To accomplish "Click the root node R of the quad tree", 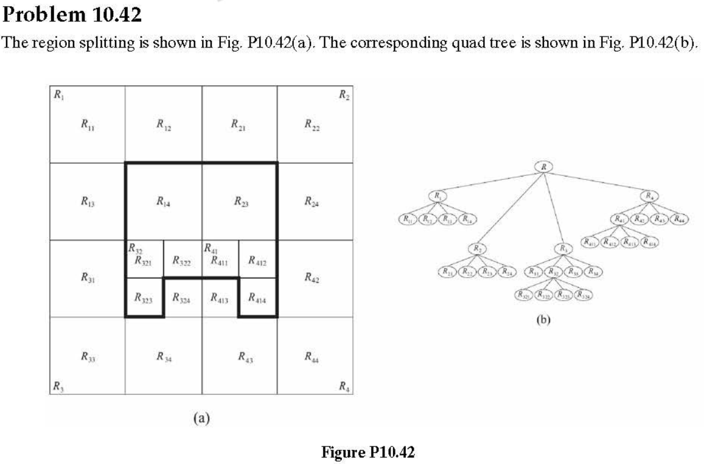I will (543, 166).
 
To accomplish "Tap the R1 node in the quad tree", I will (437, 195).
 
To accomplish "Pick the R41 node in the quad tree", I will (621, 219).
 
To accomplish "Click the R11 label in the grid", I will (87, 124).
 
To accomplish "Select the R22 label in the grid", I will (312, 124).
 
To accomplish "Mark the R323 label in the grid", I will (144, 298).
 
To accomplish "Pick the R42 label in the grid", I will (312, 278).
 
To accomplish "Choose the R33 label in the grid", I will (87, 356).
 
